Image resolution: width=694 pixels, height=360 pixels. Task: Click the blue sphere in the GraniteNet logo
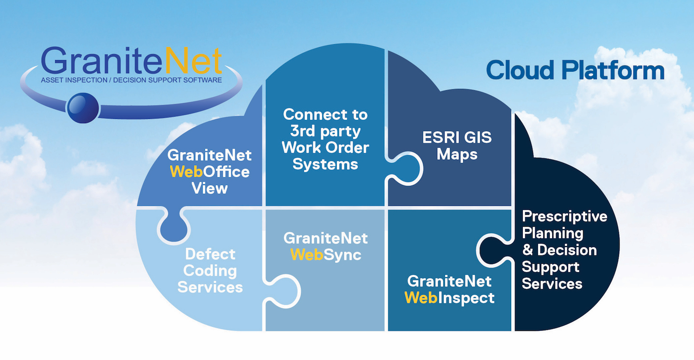(x=83, y=107)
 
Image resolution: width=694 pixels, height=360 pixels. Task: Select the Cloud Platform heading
(x=575, y=70)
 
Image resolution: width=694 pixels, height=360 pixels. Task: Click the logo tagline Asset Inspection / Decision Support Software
(x=131, y=80)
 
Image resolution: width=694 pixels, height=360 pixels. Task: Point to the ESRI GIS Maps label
(x=457, y=146)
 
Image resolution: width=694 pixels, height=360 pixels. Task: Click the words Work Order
(x=325, y=147)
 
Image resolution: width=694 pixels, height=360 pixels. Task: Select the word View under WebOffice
(x=210, y=188)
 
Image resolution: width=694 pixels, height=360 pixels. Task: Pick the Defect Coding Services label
(x=210, y=270)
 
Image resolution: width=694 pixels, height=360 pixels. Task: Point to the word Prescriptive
(x=564, y=216)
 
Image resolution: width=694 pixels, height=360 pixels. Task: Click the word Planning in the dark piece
(x=552, y=233)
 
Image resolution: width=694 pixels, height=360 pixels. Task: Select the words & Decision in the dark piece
(x=559, y=250)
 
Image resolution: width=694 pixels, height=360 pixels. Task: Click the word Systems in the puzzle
(x=325, y=164)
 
